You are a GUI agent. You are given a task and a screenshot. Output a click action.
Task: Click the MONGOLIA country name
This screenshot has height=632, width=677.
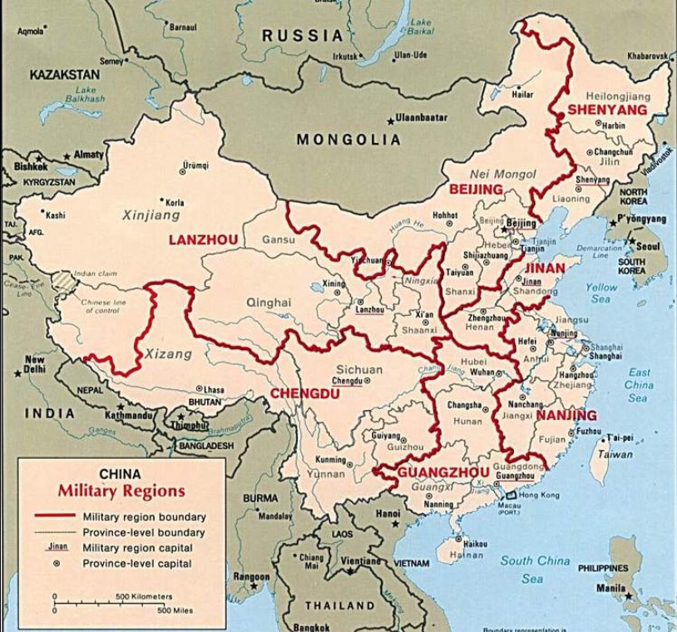click(348, 139)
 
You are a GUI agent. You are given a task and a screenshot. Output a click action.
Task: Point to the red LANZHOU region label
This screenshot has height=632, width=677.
click(204, 239)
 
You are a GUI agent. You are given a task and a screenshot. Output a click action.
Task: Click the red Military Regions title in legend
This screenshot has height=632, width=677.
click(121, 491)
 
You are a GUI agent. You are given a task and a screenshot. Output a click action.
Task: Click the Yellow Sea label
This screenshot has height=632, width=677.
click(600, 293)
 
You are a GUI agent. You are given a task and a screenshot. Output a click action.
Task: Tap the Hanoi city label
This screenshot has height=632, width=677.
click(388, 514)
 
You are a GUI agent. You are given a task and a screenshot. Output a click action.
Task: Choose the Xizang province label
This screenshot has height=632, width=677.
click(168, 353)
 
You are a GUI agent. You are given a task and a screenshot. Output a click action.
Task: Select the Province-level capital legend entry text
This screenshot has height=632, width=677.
click(137, 564)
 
